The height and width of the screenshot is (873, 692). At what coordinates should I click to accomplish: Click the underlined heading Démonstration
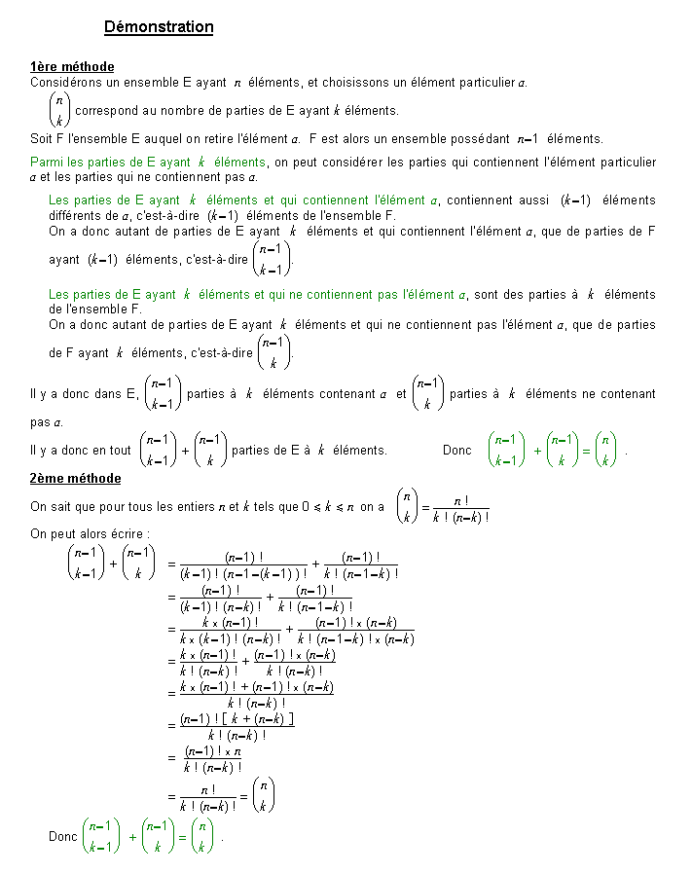[159, 27]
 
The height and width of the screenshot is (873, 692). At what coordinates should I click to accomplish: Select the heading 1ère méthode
[72, 67]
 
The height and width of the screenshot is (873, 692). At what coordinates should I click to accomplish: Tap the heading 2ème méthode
[76, 479]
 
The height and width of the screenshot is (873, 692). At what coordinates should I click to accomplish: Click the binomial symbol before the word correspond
[59, 110]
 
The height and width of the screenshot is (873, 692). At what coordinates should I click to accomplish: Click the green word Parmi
[47, 162]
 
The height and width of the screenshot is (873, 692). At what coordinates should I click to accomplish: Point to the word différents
[77, 215]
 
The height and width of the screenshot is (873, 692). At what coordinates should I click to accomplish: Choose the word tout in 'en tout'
[119, 450]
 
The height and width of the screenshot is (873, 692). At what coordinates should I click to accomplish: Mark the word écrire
[128, 533]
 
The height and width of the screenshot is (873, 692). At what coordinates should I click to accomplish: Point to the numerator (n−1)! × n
[213, 751]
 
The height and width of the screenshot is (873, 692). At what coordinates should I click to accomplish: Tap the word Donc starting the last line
[63, 836]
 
